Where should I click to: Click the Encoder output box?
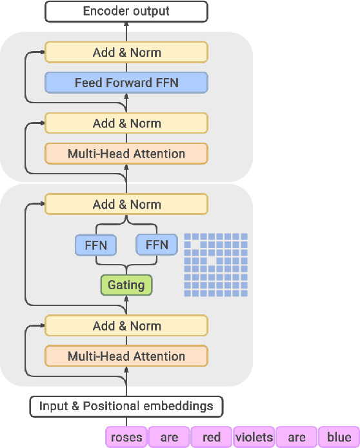pyautogui.click(x=126, y=11)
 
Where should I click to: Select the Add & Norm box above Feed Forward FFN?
pyautogui.click(x=126, y=52)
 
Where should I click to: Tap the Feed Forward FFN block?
pyautogui.click(x=126, y=83)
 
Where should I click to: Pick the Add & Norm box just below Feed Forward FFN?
pyautogui.click(x=126, y=123)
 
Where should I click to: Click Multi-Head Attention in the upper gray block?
pyautogui.click(x=126, y=154)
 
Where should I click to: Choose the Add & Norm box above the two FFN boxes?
pyautogui.click(x=126, y=205)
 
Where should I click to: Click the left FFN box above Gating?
pyautogui.click(x=95, y=245)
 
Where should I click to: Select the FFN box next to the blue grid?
pyautogui.click(x=156, y=245)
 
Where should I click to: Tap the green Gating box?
pyautogui.click(x=126, y=285)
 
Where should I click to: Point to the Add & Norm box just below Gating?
pyautogui.click(x=126, y=326)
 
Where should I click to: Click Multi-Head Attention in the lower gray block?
pyautogui.click(x=126, y=356)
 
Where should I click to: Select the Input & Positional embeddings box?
pyautogui.click(x=126, y=406)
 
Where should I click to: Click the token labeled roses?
pyautogui.click(x=126, y=438)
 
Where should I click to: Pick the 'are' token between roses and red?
pyautogui.click(x=168, y=438)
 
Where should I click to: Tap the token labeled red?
pyautogui.click(x=211, y=438)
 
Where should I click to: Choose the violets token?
pyautogui.click(x=254, y=438)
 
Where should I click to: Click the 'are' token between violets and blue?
pyautogui.click(x=296, y=438)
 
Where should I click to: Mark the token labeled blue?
pyautogui.click(x=339, y=438)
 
